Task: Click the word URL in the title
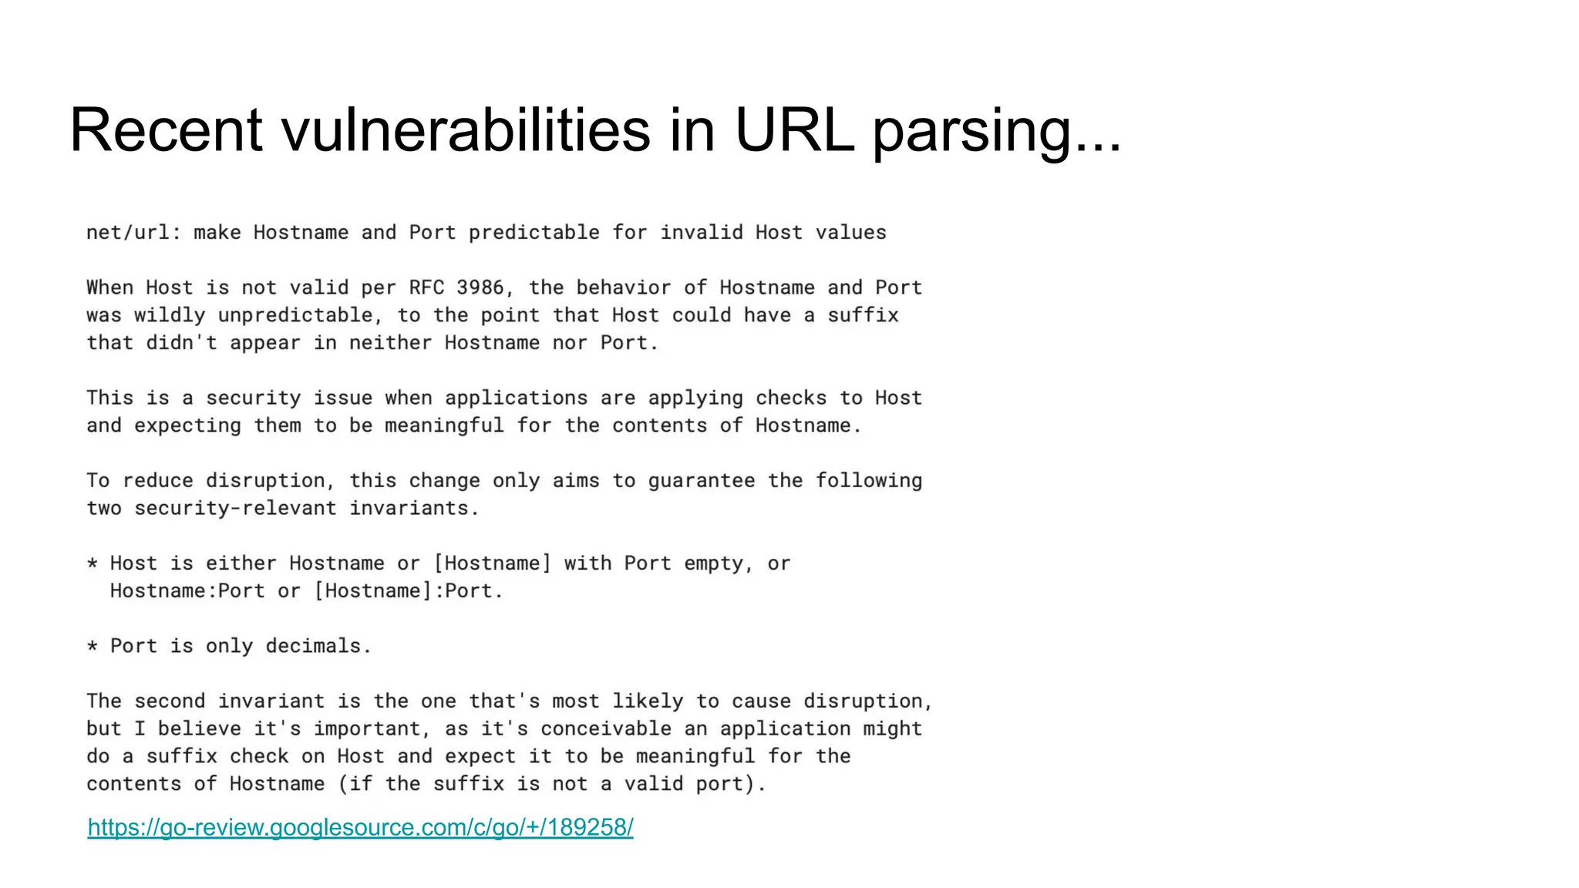(794, 129)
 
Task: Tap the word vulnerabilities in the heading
(466, 129)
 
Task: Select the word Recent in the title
(166, 129)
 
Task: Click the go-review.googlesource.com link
(360, 827)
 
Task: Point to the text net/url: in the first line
(133, 233)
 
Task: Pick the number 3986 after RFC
(480, 288)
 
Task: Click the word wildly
(170, 315)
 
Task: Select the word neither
(390, 343)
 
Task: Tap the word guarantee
(701, 481)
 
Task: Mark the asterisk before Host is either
(93, 564)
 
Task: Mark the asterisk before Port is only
(93, 647)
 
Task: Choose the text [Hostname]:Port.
(408, 591)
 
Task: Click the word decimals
(318, 646)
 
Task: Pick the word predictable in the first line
(534, 233)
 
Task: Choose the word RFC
(426, 288)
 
